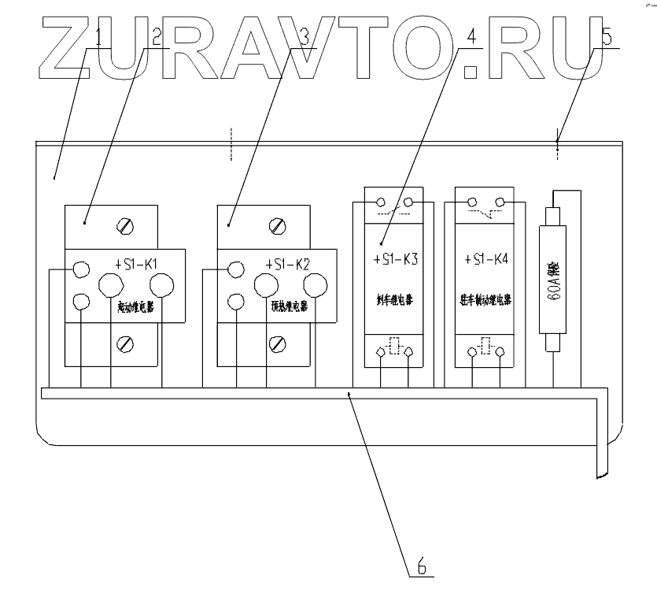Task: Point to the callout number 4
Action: [x=471, y=36]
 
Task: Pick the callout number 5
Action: [x=606, y=36]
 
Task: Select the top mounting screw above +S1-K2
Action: [x=277, y=227]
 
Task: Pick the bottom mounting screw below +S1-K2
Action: [x=277, y=343]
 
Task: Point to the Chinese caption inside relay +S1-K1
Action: [x=134, y=308]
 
